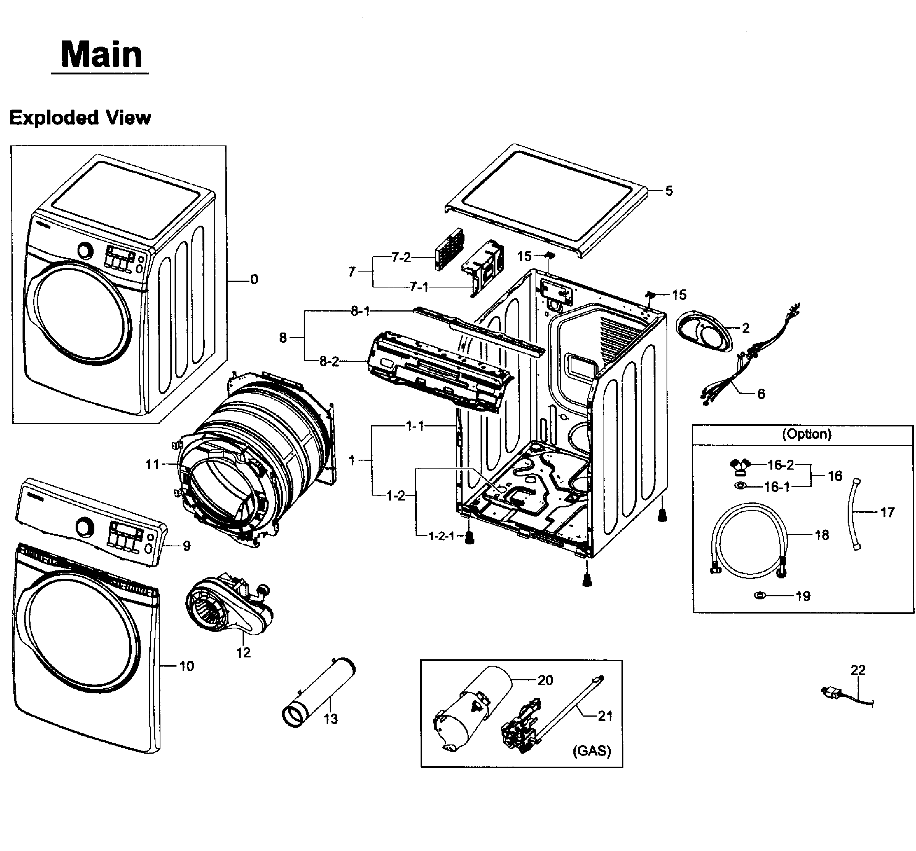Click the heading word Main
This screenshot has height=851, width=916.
pos(101,54)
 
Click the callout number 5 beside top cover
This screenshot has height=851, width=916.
pos(668,191)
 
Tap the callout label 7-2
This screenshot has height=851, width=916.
pos(401,257)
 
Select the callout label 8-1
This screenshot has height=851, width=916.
pos(360,311)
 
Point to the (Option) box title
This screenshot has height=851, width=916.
pos(806,434)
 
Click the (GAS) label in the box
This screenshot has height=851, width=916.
pos(592,751)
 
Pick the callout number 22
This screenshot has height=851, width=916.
pos(858,670)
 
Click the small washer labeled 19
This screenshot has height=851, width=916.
pos(760,596)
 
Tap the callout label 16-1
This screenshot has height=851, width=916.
pos(777,487)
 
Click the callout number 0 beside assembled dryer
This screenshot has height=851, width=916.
pos(254,279)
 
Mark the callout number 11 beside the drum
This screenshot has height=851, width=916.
pos(152,464)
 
